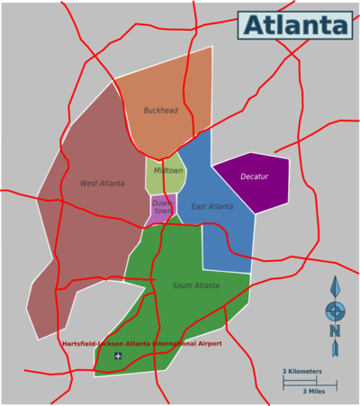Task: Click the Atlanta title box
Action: (x=295, y=25)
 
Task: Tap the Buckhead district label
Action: (x=160, y=111)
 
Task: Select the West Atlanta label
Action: (x=102, y=184)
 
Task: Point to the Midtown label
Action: (x=167, y=170)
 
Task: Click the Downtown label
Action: (x=162, y=207)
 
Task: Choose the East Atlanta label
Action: (x=211, y=207)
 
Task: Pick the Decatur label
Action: (x=254, y=176)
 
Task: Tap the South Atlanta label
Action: (x=195, y=285)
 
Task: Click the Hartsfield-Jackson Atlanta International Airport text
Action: (x=141, y=343)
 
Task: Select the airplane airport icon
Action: (x=118, y=356)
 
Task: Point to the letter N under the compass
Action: (x=335, y=331)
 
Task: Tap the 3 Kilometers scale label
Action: (x=302, y=371)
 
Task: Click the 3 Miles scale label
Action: (x=313, y=392)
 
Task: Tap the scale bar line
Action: (x=310, y=382)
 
